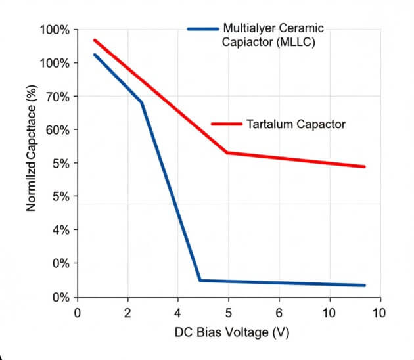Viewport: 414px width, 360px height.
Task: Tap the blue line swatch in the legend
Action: pyautogui.click(x=202, y=29)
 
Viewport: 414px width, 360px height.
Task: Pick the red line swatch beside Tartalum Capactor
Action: pyautogui.click(x=227, y=124)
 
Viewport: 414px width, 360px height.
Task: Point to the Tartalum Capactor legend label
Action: pyautogui.click(x=296, y=124)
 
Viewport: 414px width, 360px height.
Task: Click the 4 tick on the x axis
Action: pyautogui.click(x=177, y=313)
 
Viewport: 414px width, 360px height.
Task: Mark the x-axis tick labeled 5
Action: pyautogui.click(x=228, y=313)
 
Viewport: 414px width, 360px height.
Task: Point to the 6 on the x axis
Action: pyautogui.click(x=279, y=313)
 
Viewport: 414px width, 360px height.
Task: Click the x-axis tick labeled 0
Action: pyautogui.click(x=77, y=313)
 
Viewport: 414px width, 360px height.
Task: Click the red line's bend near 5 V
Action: pyautogui.click(x=227, y=152)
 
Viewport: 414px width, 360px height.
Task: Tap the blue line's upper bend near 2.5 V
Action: pyautogui.click(x=141, y=102)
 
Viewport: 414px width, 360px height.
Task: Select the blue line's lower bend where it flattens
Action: pyautogui.click(x=200, y=281)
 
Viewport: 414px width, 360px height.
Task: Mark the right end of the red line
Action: pyautogui.click(x=364, y=167)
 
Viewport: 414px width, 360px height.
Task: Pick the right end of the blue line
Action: pyautogui.click(x=364, y=285)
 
